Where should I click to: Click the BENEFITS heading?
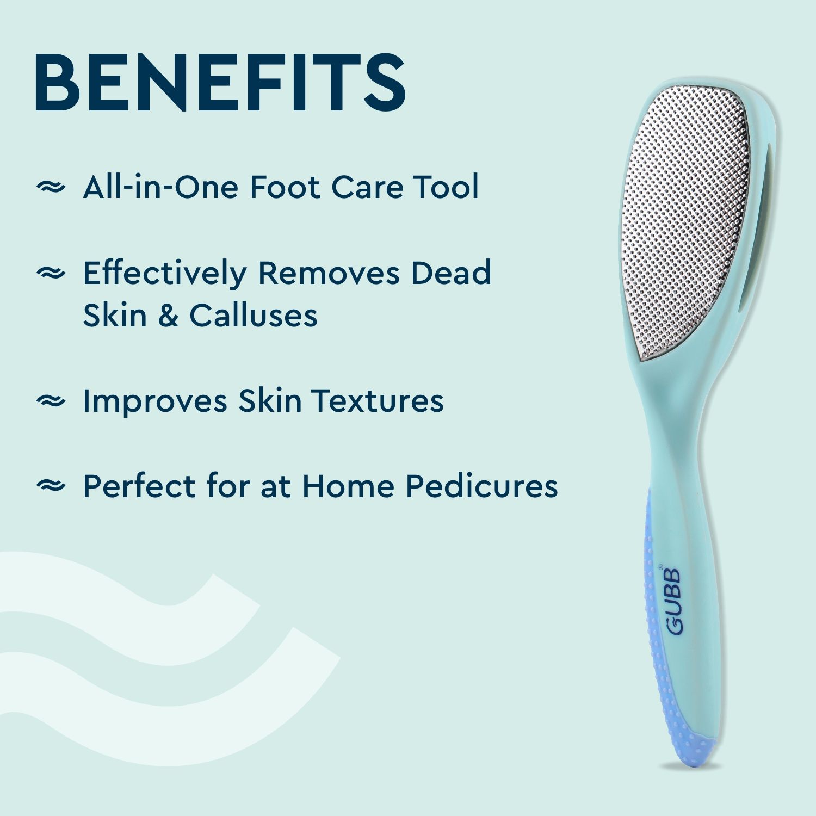pyautogui.click(x=220, y=83)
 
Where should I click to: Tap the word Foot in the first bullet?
pyautogui.click(x=285, y=187)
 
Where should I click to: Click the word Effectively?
pyautogui.click(x=164, y=273)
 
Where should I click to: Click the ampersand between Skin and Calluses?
pyautogui.click(x=168, y=316)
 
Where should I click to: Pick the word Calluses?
pyautogui.click(x=253, y=316)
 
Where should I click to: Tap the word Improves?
pyautogui.click(x=155, y=401)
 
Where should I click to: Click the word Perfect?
pyautogui.click(x=139, y=486)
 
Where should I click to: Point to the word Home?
pyautogui.click(x=348, y=486)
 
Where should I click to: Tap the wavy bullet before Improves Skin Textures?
pyautogui.click(x=51, y=401)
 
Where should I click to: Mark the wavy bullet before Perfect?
pyautogui.click(x=51, y=485)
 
